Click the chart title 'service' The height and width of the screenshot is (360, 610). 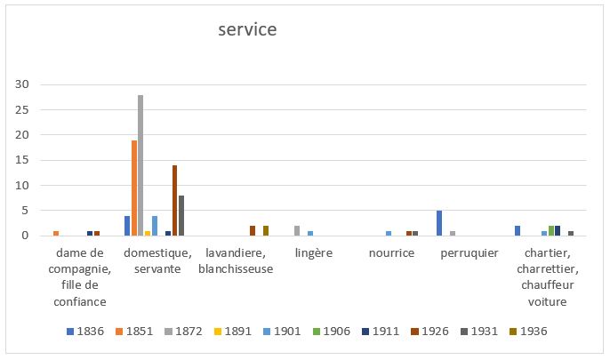[248, 30]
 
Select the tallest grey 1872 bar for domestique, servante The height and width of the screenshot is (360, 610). [140, 165]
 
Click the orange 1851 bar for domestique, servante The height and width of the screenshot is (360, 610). [134, 188]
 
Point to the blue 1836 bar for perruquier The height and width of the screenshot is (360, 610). [439, 223]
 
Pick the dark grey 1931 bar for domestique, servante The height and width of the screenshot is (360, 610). [182, 215]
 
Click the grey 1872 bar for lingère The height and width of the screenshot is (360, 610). [297, 230]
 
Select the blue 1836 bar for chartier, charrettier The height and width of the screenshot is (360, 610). [518, 230]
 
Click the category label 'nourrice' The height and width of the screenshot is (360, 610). [391, 253]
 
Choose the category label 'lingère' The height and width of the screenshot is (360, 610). [313, 253]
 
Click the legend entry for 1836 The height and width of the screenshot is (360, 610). [85, 332]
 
